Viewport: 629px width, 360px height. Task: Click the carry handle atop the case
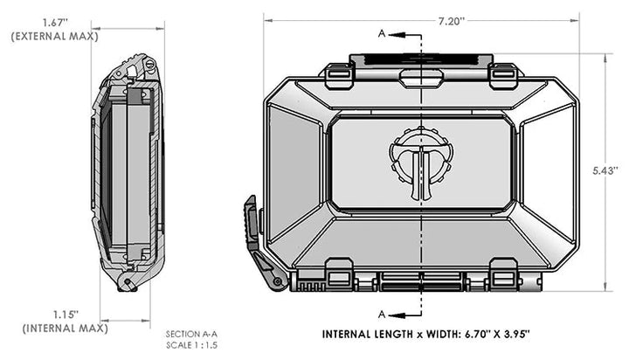(x=420, y=64)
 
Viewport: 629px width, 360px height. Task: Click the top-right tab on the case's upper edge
(x=501, y=76)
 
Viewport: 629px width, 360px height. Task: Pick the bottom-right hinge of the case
(x=501, y=279)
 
